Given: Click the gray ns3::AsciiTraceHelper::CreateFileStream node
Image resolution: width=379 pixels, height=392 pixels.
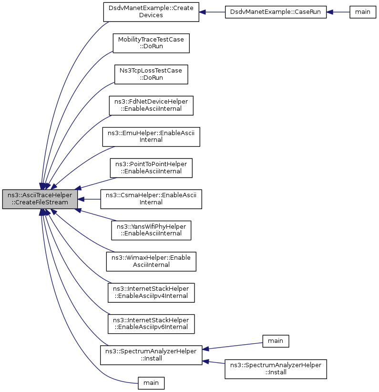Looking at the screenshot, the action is click(x=40, y=199).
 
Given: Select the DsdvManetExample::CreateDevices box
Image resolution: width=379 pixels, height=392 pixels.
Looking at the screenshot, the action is click(x=151, y=12).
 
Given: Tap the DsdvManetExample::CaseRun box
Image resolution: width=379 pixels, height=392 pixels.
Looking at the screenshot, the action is click(x=276, y=12).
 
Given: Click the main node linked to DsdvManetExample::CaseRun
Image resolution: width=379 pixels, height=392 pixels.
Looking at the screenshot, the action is click(x=363, y=12).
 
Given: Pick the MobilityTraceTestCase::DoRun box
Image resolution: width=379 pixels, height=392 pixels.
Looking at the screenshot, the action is click(x=151, y=43).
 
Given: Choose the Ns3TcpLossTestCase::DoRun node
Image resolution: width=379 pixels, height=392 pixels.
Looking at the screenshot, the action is click(x=151, y=74).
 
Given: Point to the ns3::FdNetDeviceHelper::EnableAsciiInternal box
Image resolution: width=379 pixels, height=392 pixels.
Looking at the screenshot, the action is click(x=151, y=106).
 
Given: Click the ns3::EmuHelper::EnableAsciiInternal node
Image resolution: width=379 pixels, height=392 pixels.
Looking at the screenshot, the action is click(x=151, y=137).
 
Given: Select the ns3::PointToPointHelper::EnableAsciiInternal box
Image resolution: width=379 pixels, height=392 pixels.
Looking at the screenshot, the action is click(x=151, y=168).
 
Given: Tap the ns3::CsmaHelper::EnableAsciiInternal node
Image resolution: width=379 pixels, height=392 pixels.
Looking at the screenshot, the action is click(x=151, y=199).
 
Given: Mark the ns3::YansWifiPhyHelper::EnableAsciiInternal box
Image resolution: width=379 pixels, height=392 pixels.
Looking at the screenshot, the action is click(x=151, y=230).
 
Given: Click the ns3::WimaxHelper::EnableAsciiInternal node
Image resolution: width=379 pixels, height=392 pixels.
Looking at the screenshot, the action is click(x=151, y=262).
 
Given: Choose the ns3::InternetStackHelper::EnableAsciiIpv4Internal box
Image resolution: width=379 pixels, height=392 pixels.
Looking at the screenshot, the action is click(x=151, y=293).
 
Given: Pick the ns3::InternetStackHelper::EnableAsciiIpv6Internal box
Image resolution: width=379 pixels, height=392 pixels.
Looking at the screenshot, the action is click(x=151, y=324).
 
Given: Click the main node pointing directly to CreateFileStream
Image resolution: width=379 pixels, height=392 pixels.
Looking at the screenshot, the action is click(x=151, y=383).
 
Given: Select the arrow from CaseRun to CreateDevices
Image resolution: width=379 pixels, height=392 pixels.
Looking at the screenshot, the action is click(x=212, y=12).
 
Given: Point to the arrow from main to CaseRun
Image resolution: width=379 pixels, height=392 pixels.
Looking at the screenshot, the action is click(x=338, y=12).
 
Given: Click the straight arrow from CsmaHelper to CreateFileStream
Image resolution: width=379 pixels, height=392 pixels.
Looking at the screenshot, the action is click(x=89, y=199).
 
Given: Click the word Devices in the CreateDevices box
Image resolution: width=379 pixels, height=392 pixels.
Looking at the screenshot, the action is click(x=151, y=15).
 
